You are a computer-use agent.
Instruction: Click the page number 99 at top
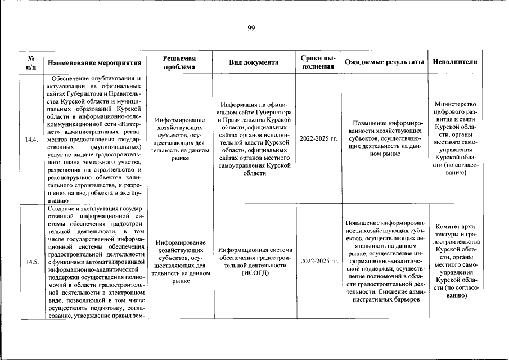point(251,29)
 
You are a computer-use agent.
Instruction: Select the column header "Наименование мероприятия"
point(94,62)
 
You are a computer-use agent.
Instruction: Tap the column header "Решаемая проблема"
point(179,62)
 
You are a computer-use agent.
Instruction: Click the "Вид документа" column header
point(254,62)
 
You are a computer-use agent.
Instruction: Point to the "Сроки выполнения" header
point(318,62)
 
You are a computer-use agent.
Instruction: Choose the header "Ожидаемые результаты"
point(384,62)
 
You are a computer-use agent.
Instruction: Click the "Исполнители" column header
point(456,62)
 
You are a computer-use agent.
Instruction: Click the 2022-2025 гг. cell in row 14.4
point(318,138)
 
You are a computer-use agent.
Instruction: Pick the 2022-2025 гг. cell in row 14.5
point(318,262)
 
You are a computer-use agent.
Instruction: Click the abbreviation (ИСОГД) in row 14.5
point(255,273)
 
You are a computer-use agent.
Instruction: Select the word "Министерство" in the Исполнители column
point(456,104)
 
